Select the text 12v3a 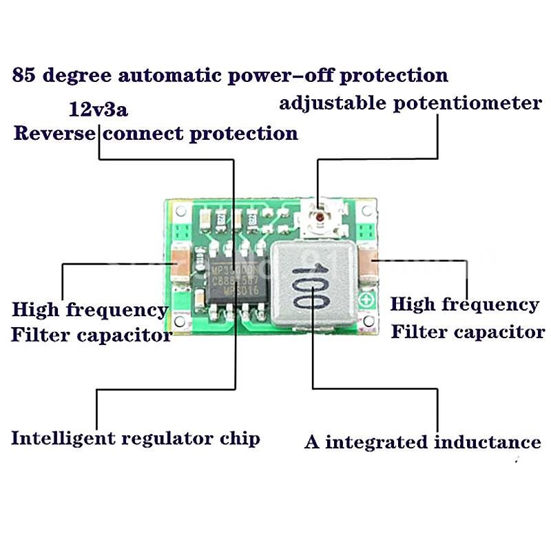(x=98, y=109)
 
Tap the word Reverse (x=53, y=132)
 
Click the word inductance (x=487, y=441)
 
